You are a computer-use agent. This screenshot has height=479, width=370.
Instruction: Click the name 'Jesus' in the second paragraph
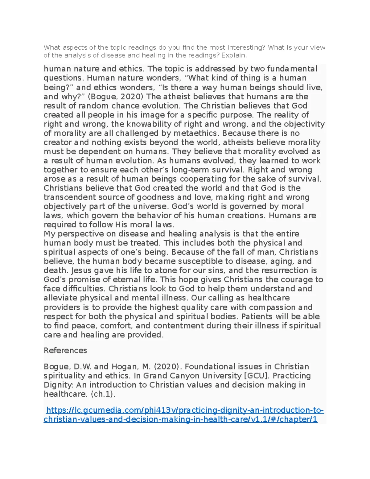click(x=81, y=270)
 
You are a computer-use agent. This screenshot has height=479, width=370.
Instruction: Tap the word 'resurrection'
click(x=285, y=270)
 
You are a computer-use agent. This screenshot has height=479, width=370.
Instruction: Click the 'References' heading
click(x=65, y=350)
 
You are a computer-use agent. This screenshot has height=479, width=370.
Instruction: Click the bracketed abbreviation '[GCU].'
click(x=257, y=376)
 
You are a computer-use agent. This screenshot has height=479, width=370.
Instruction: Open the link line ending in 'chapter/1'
click(x=180, y=419)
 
